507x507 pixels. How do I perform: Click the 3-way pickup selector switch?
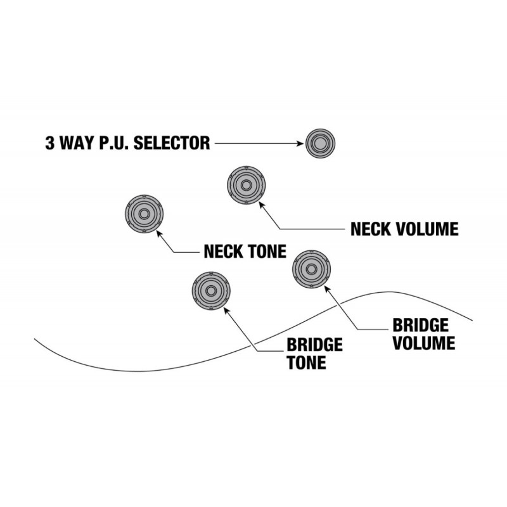click(320, 143)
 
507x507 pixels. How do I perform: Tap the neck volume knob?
click(247, 185)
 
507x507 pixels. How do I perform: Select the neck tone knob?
click(144, 214)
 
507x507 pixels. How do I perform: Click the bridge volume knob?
click(311, 269)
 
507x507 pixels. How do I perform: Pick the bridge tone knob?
click(211, 291)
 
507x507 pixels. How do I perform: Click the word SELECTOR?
click(172, 143)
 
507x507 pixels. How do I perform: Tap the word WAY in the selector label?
click(77, 143)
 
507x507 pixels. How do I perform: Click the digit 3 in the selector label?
click(50, 143)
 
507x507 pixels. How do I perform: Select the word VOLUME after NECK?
click(427, 229)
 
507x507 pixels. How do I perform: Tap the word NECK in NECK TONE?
click(224, 251)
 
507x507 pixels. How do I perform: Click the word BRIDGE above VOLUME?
click(420, 325)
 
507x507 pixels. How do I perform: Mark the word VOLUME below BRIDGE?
click(424, 343)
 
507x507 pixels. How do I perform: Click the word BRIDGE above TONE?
click(314, 345)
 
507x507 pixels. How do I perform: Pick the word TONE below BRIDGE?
click(306, 363)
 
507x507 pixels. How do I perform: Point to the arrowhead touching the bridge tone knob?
click(227, 311)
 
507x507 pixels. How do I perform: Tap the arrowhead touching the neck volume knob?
click(262, 205)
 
